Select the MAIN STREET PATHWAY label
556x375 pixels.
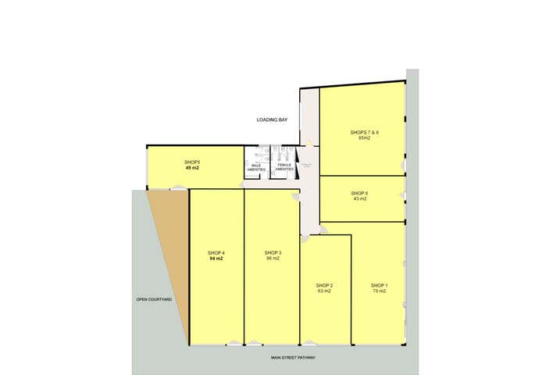click(x=293, y=358)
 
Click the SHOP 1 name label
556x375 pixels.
click(x=380, y=285)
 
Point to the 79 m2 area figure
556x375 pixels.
click(x=380, y=291)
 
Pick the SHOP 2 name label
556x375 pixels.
click(x=325, y=285)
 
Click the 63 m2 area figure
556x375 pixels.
click(x=325, y=291)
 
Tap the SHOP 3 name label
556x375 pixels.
click(x=273, y=252)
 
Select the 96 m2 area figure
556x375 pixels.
click(x=273, y=259)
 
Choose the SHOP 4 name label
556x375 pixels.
click(x=216, y=252)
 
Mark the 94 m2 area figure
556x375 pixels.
click(x=216, y=259)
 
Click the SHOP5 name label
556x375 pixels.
click(x=192, y=162)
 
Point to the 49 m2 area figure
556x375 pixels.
click(x=192, y=168)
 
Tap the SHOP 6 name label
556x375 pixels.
click(x=359, y=192)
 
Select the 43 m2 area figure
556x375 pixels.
click(x=359, y=198)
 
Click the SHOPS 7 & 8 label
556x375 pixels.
click(x=364, y=132)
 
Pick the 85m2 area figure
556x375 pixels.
click(x=364, y=138)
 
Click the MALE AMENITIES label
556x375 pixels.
click(x=256, y=167)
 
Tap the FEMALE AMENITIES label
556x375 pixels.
click(x=284, y=167)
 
